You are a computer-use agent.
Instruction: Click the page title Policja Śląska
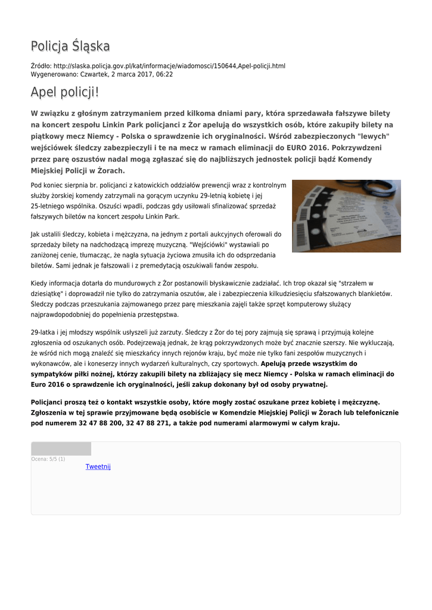[x=70, y=46]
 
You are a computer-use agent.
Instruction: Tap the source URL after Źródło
[x=169, y=66]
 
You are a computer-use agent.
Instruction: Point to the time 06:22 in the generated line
[x=165, y=74]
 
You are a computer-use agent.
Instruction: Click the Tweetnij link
[x=98, y=466]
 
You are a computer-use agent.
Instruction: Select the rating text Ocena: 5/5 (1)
[x=48, y=459]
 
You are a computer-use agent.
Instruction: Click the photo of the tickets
[x=346, y=216]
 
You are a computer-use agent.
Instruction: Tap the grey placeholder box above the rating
[x=61, y=449]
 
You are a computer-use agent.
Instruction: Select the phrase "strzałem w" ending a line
[x=356, y=283]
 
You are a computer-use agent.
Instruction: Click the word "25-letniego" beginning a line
[x=47, y=206]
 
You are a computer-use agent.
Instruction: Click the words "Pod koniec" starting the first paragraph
[x=45, y=185]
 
